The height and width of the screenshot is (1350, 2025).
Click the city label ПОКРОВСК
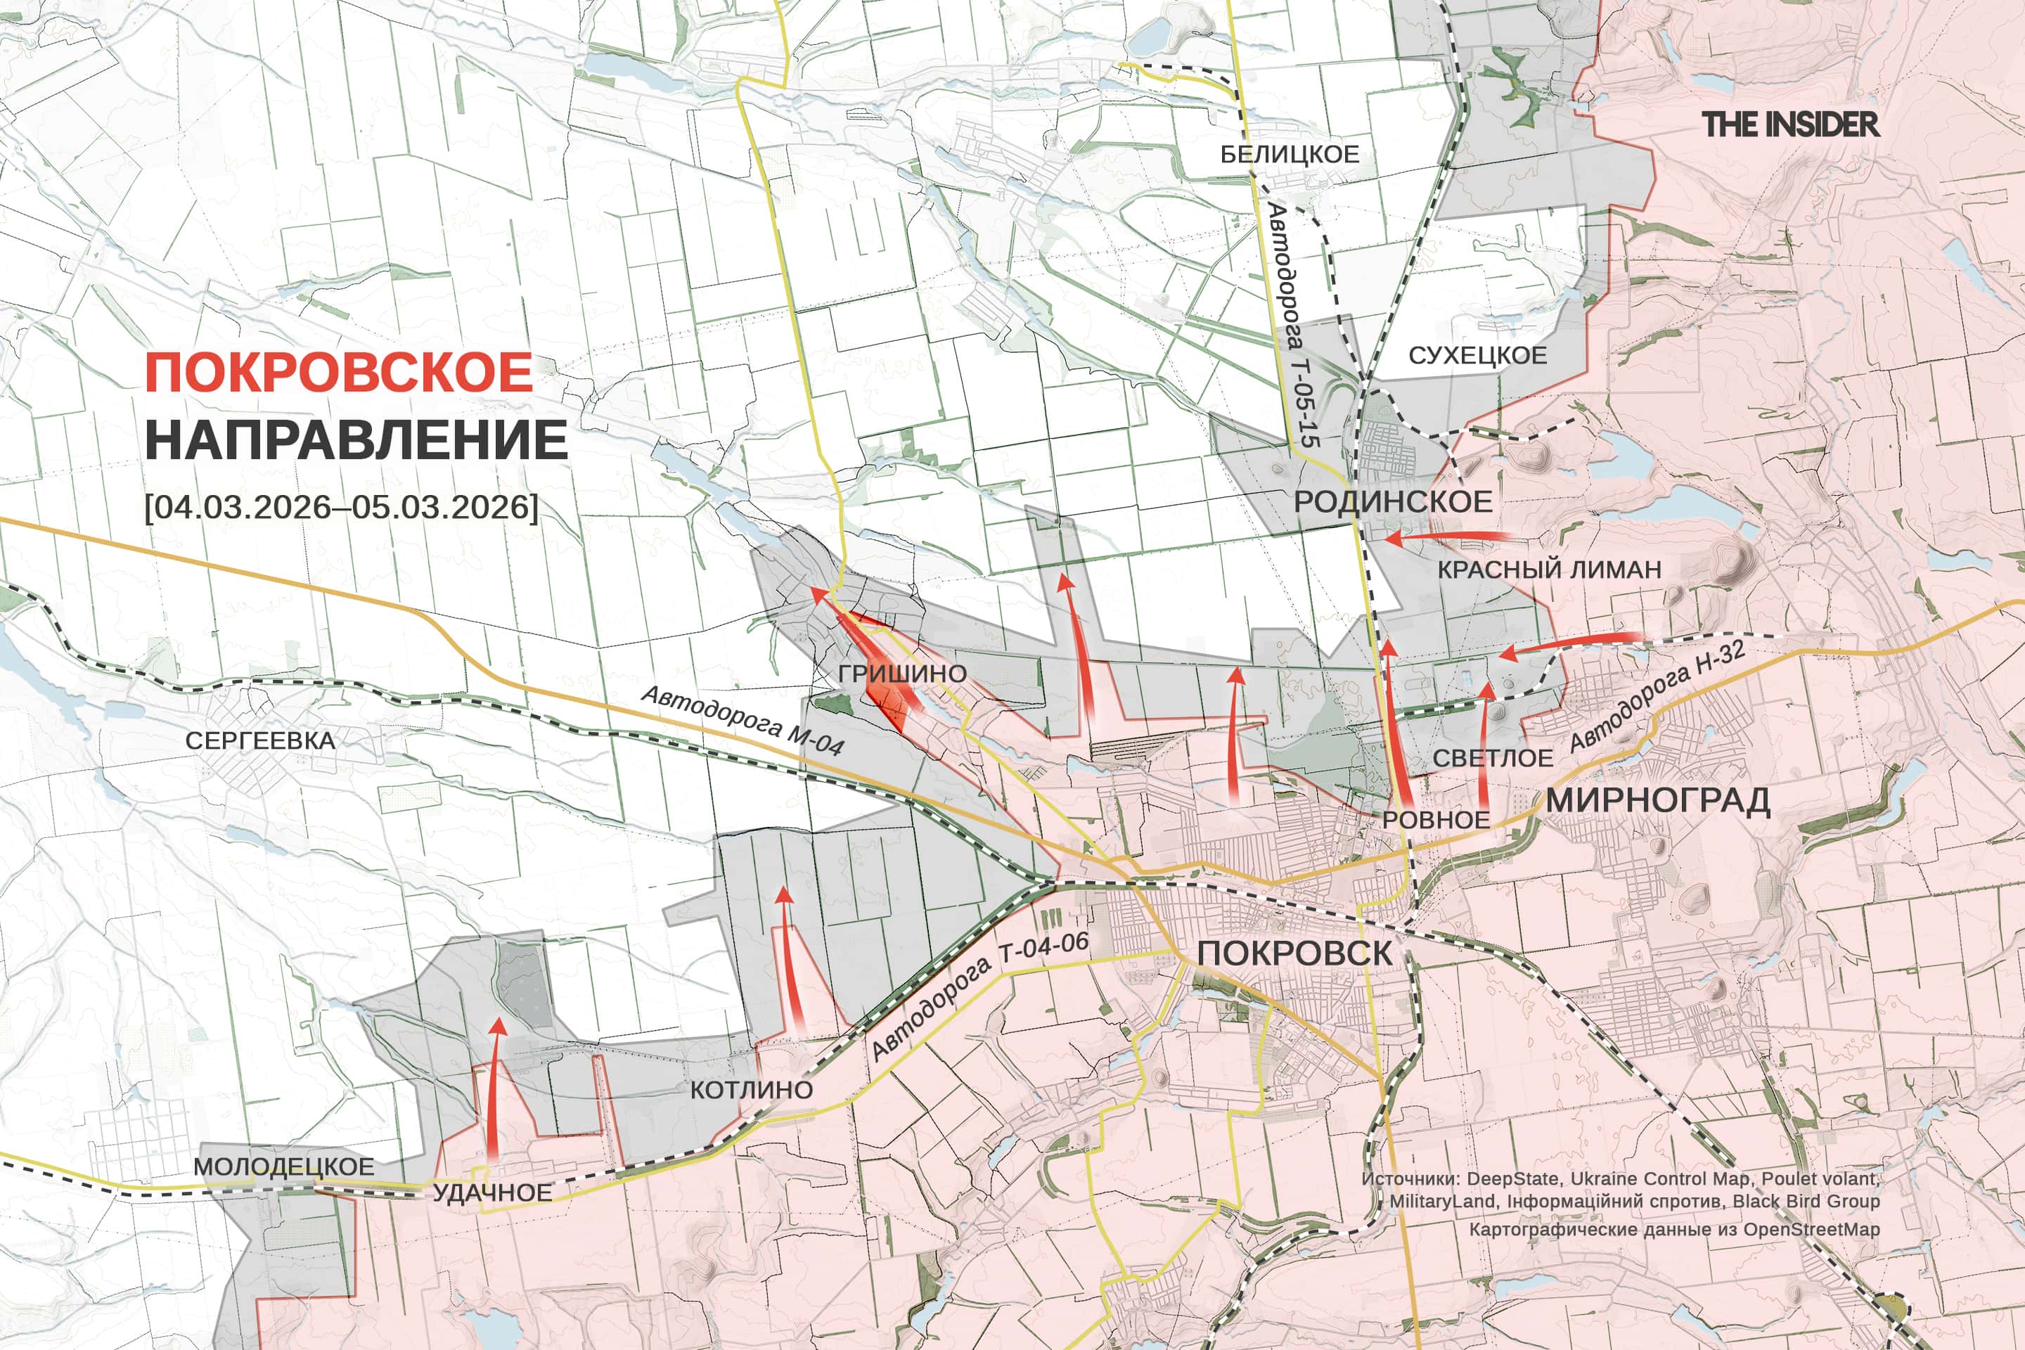[1294, 953]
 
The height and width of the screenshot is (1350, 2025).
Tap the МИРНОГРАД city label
[1657, 800]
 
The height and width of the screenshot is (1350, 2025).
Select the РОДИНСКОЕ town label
[1393, 502]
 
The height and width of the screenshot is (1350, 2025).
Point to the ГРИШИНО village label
[902, 674]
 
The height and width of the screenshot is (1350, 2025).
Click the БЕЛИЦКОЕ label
[1290, 154]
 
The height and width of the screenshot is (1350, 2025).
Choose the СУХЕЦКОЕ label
[1477, 356]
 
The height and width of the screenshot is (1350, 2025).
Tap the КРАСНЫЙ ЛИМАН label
[1549, 569]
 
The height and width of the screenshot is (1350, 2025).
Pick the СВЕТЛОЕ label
[1493, 759]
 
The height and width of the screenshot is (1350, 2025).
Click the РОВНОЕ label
[1436, 820]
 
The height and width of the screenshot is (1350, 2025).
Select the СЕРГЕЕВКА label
[260, 740]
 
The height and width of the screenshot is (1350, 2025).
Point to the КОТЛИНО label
[751, 1090]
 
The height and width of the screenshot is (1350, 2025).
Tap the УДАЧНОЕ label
[491, 1192]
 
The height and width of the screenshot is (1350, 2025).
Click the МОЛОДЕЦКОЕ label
[283, 1166]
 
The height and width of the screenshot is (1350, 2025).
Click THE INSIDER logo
[1790, 125]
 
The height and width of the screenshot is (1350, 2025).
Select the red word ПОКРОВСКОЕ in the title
[338, 372]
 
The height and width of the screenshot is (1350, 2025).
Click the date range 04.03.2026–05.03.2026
[342, 506]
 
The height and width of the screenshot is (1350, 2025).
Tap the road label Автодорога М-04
[742, 721]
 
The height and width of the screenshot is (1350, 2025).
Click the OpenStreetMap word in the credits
[1811, 1230]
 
